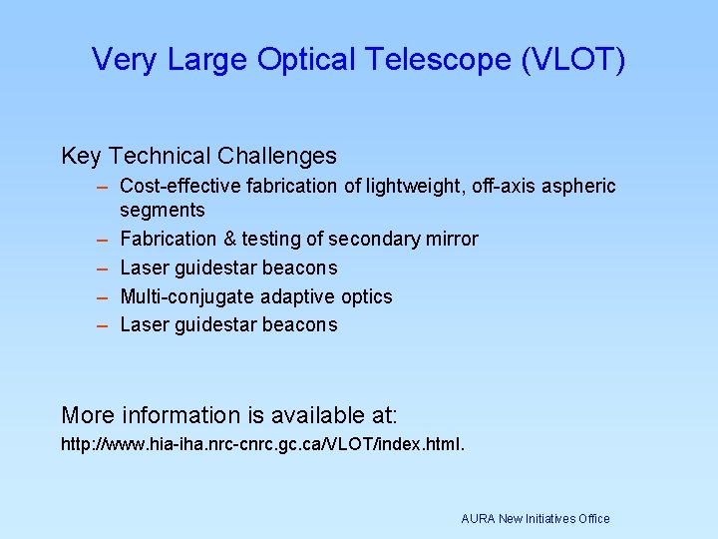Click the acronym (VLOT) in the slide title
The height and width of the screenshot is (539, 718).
pos(573,60)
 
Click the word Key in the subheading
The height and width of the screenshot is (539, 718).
pos(82,157)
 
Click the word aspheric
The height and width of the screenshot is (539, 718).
pos(581,187)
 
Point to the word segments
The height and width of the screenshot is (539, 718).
pos(163,211)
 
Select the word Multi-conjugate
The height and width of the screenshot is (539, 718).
pos(187,297)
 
